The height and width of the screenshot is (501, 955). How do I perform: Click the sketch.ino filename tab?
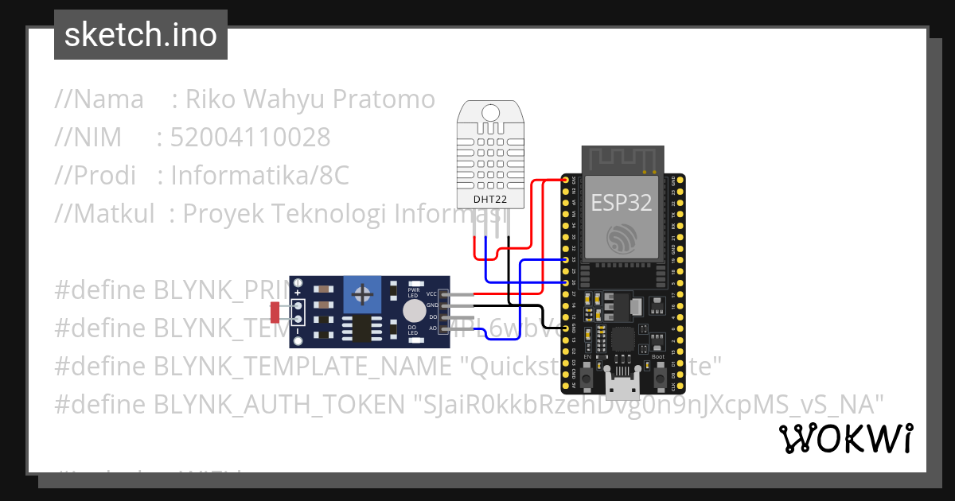point(140,35)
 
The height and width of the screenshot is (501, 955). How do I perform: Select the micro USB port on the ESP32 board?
point(621,387)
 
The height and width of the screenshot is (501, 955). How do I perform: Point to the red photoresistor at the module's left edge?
point(275,313)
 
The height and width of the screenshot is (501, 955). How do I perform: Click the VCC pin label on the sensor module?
point(431,294)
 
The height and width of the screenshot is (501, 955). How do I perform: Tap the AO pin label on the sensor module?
point(431,328)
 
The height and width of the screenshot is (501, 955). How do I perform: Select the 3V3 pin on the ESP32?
point(566,181)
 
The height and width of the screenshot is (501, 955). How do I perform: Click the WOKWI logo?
point(845,438)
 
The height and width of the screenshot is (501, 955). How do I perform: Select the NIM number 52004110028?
point(250,138)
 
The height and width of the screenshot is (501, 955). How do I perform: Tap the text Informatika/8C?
point(259,175)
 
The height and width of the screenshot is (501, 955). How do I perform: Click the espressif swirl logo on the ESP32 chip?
point(621,238)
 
